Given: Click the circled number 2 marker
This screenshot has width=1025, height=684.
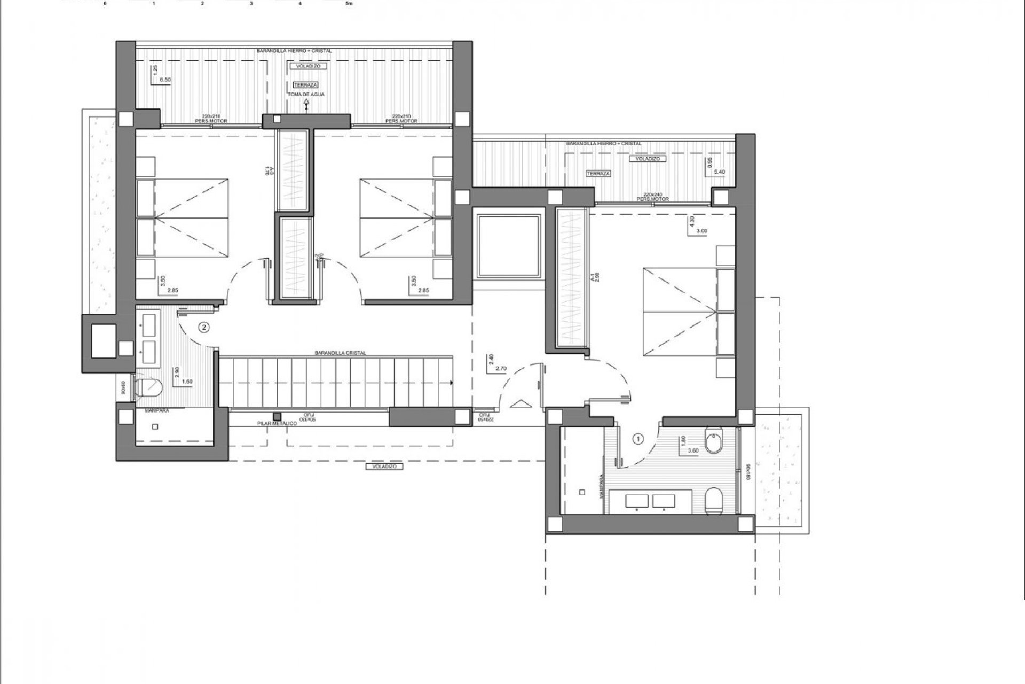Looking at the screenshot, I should (203, 327).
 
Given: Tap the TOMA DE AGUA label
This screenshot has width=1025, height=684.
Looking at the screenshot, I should (306, 95).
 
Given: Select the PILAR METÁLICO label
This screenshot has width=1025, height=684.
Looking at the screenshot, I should (277, 423).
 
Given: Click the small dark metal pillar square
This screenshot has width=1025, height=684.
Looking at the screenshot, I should (277, 416).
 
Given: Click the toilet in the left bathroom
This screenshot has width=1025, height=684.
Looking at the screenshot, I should (149, 387).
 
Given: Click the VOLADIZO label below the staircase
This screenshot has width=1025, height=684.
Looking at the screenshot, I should (384, 467).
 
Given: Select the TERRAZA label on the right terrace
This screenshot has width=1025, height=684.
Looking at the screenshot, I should (598, 174).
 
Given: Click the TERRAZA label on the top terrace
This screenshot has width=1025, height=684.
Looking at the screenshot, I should (305, 85).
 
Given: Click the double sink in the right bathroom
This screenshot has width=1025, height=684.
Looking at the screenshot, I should (650, 501).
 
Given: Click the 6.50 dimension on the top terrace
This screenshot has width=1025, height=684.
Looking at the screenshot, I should (166, 80).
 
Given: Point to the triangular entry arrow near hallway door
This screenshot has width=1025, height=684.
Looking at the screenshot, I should (521, 405).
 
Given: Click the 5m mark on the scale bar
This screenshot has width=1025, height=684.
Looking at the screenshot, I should (350, 4).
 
